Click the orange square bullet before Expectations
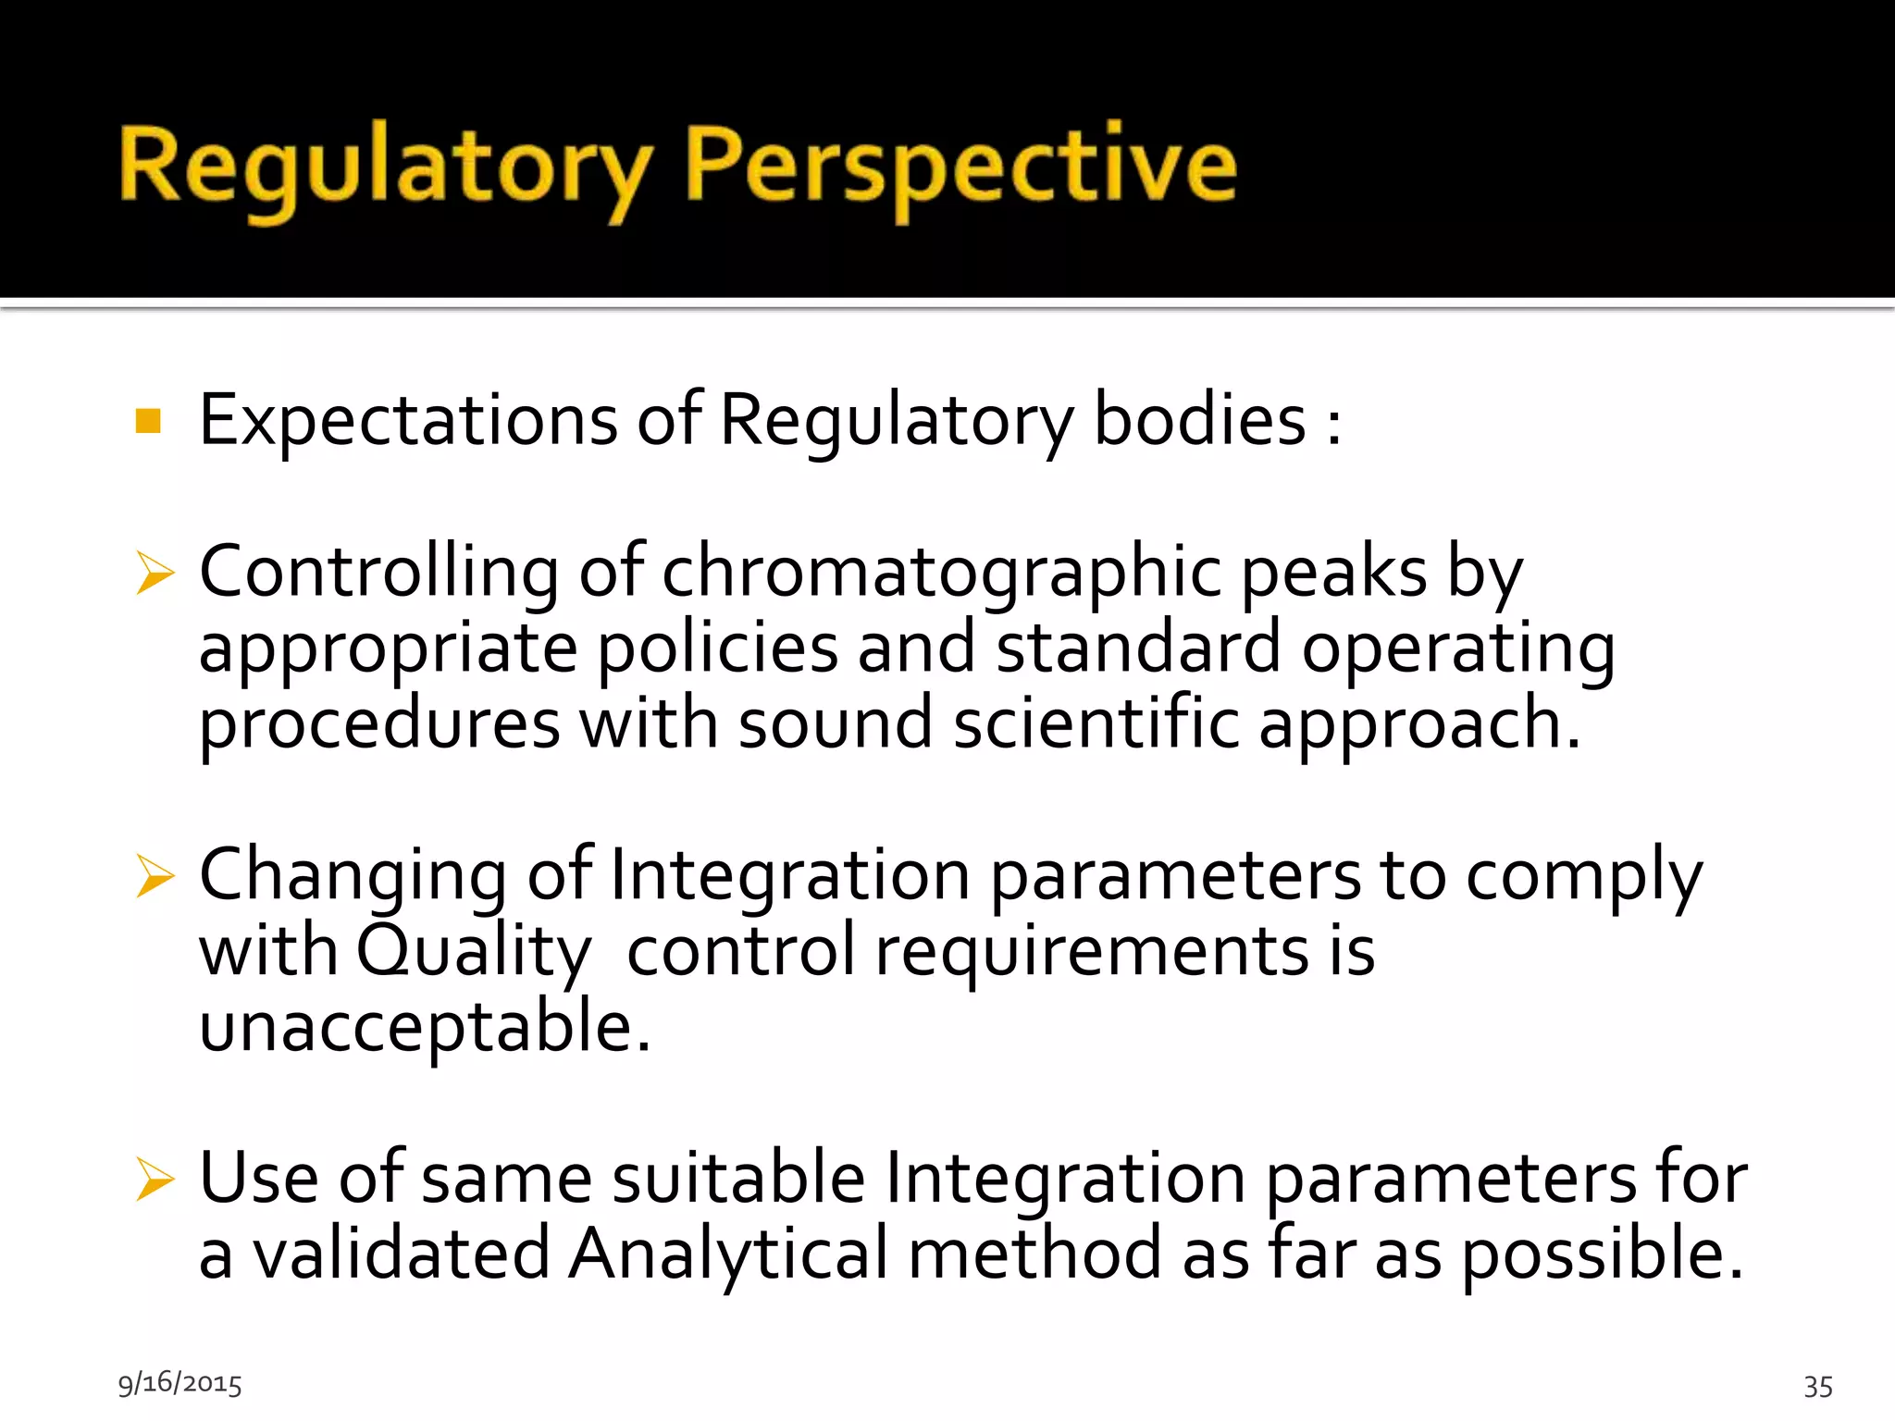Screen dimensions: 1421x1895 pyautogui.click(x=148, y=421)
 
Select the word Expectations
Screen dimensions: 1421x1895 pyautogui.click(x=408, y=421)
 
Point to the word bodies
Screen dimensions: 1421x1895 pyautogui.click(x=1199, y=421)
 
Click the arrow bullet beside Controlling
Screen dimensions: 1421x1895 pyautogui.click(x=155, y=573)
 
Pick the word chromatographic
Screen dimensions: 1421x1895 pyautogui.click(x=942, y=573)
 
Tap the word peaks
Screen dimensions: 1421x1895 pyautogui.click(x=1333, y=573)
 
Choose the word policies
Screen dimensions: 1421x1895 pyautogui.click(x=717, y=648)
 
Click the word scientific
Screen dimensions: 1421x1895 pyautogui.click(x=1096, y=723)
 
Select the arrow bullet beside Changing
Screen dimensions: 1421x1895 pyautogui.click(x=155, y=875)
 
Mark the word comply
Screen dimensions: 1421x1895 pyautogui.click(x=1583, y=875)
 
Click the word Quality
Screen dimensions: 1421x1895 pyautogui.click(x=473, y=951)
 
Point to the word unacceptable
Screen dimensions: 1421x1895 pyautogui.click(x=425, y=1027)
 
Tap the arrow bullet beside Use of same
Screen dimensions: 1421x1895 pyautogui.click(x=155, y=1179)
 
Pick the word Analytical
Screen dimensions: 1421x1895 pyautogui.click(x=728, y=1254)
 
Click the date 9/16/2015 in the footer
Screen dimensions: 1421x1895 pyautogui.click(x=180, y=1383)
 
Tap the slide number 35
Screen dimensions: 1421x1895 pyautogui.click(x=1818, y=1386)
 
